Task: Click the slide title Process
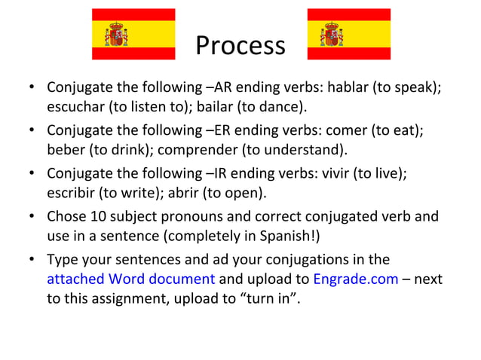(x=240, y=46)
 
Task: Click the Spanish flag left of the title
(x=133, y=34)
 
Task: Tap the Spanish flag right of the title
(x=349, y=34)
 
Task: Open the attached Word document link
(x=130, y=279)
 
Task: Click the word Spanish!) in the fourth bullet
(x=292, y=236)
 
